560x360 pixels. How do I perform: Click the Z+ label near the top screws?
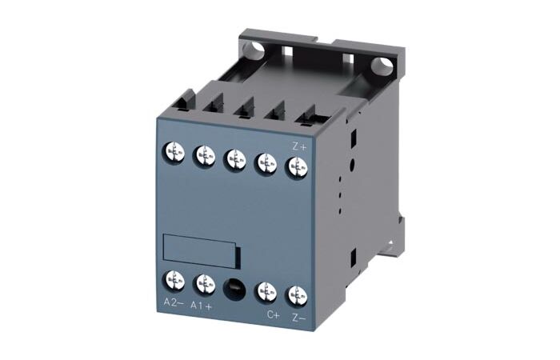tap(298, 146)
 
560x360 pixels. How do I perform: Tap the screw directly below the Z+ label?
tap(298, 166)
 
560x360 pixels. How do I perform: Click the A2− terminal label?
tap(173, 302)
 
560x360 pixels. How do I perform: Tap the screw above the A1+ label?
tap(204, 282)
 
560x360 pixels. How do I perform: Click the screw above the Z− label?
tap(297, 294)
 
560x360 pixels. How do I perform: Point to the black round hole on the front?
tap(234, 286)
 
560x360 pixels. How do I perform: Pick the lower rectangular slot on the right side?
tap(352, 258)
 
